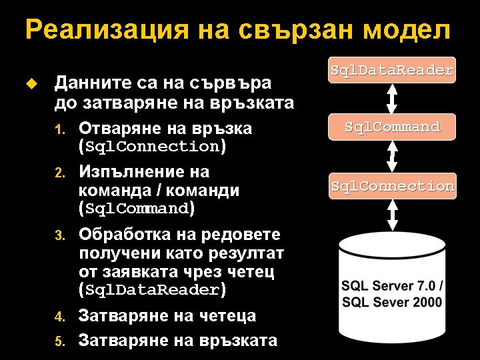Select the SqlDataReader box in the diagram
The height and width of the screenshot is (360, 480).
(392, 70)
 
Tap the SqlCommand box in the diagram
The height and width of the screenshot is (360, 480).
(392, 127)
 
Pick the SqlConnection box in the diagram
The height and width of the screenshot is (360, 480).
(393, 186)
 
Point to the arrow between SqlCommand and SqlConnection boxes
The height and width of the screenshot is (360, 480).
(392, 157)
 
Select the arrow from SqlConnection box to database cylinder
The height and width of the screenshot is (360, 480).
(392, 215)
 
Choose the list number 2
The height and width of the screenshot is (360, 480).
(59, 173)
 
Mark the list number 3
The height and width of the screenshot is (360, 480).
(59, 236)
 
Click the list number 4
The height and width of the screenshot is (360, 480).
(59, 316)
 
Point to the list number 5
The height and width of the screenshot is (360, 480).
(59, 341)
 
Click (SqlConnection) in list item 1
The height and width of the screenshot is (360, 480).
(152, 146)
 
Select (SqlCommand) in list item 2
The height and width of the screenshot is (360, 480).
(137, 209)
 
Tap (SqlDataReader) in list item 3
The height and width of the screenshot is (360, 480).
(152, 290)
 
